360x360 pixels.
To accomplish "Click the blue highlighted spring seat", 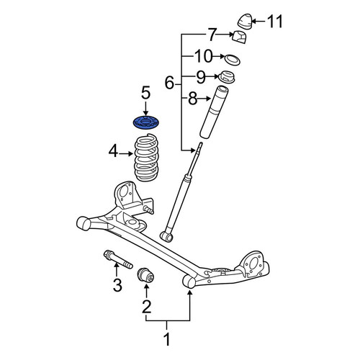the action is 146,123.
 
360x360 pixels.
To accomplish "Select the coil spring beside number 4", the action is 146,158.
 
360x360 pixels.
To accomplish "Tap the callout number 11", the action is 275,22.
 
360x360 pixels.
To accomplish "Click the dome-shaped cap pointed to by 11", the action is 245,22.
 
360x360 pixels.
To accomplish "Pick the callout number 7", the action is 212,35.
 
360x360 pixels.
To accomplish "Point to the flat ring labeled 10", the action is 233,60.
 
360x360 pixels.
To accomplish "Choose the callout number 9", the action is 201,77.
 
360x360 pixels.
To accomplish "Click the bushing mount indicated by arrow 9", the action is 226,77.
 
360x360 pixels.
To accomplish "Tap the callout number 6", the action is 169,83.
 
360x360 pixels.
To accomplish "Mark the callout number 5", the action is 145,93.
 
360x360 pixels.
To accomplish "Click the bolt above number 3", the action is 118,259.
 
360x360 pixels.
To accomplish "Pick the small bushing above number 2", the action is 145,275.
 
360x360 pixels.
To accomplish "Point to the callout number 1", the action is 166,339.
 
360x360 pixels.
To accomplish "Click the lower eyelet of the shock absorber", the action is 166,236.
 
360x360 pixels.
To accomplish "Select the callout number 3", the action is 117,285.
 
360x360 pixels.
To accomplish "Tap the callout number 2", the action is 146,307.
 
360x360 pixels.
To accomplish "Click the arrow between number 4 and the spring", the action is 126,153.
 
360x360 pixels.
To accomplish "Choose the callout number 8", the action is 192,99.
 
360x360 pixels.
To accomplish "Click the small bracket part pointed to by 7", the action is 240,37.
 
